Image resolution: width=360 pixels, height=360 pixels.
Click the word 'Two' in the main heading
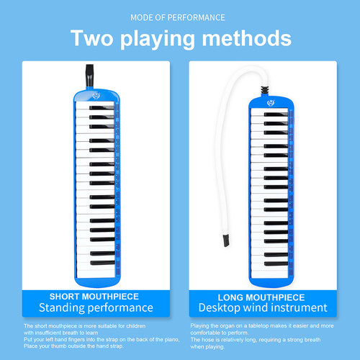(92, 38)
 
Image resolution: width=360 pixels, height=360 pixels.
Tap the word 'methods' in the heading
(247, 38)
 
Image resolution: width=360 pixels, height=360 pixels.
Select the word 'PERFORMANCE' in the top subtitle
(196, 17)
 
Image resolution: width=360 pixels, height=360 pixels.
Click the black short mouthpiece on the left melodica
(90, 76)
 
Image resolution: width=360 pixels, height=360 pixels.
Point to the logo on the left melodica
(96, 96)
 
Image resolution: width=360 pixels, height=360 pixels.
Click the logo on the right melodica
(271, 103)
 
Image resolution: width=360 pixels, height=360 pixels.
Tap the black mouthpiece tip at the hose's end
(226, 240)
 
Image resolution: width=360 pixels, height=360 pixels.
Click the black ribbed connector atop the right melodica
(265, 90)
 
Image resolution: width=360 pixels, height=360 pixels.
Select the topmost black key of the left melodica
(102, 108)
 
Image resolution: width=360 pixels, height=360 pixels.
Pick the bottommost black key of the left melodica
(103, 263)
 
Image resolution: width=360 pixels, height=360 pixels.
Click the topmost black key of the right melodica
(276, 114)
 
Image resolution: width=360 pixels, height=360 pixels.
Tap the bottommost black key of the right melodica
(276, 264)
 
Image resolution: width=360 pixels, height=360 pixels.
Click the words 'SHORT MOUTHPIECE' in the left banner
(94, 297)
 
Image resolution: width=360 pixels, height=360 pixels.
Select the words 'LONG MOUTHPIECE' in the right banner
(261, 297)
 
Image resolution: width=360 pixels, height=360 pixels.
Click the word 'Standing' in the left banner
(61, 308)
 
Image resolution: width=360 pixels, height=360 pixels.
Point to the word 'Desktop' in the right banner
(220, 308)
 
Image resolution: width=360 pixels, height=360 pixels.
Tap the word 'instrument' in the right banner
(300, 307)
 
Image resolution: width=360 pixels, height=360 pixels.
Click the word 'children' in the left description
(136, 326)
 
